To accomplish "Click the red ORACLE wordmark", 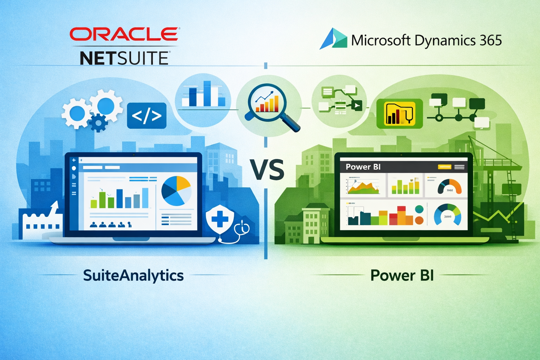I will click(124, 34).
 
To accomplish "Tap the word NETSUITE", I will click(124, 58).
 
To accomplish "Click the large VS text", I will click(267, 170).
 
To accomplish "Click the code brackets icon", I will click(147, 115).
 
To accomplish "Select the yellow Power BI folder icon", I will click(399, 114).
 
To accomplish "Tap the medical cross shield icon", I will click(219, 220).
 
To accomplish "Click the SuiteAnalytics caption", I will click(133, 275).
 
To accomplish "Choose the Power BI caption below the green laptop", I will click(402, 275).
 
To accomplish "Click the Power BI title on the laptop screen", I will click(363, 167).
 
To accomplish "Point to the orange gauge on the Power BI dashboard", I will click(449, 187).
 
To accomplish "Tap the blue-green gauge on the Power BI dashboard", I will click(448, 214).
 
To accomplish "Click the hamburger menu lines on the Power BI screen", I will click(459, 167).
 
